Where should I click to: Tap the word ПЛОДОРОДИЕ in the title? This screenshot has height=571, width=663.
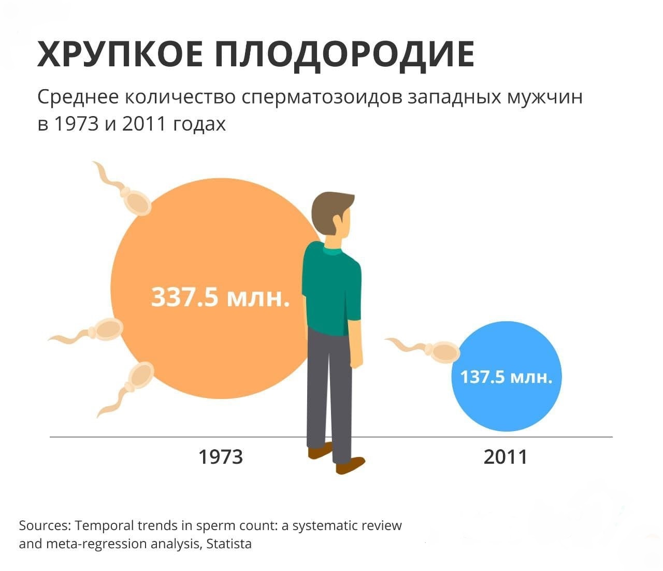344,55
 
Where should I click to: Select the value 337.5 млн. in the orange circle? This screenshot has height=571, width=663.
220,297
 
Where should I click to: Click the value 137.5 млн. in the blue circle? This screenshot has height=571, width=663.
506,377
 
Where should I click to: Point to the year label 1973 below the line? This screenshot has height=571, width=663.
221,457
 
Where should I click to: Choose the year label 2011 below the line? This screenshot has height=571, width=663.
505,457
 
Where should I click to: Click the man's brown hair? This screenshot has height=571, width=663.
330,212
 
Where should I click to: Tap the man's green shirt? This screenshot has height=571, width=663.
331,289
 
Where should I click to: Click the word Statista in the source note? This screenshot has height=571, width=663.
229,544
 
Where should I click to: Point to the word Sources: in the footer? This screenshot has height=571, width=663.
45,526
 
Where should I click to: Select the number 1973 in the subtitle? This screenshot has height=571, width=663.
76,124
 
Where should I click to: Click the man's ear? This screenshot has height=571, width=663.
337,221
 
